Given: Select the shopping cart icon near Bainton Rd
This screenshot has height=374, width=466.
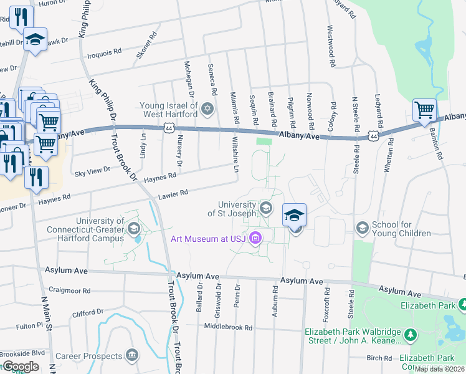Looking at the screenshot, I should (x=424, y=110).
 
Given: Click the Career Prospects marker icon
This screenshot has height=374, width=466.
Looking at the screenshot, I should (x=132, y=356).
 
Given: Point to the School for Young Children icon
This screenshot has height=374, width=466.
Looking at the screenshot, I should (x=361, y=228).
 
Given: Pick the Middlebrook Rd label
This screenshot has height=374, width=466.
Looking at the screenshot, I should (x=228, y=327).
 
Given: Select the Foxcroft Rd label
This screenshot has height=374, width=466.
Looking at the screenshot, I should (x=326, y=300).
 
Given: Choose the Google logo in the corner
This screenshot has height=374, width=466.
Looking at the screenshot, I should (x=20, y=367).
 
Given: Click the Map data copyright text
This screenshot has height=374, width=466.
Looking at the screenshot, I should (x=440, y=369).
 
